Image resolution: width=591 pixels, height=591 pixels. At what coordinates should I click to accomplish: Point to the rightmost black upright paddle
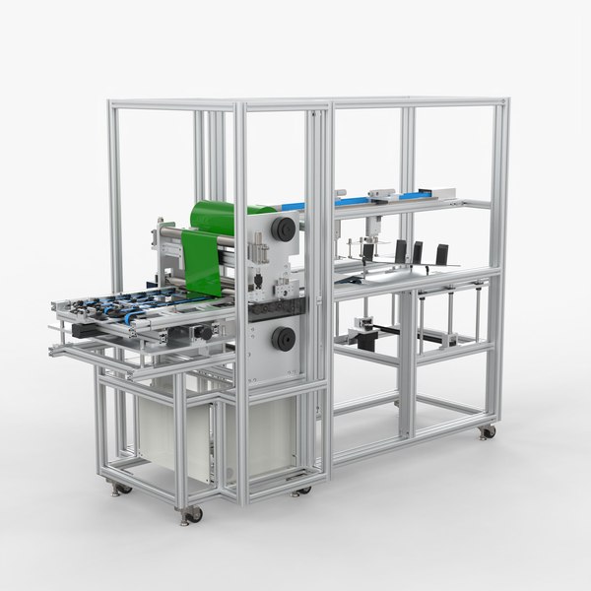tap(441, 253)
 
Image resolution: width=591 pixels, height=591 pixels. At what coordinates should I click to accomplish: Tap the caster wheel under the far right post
tap(487, 431)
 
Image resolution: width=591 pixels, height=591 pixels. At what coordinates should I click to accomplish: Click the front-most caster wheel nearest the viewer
tap(191, 513)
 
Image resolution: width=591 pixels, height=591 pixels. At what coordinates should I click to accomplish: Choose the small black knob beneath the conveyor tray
tap(205, 333)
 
